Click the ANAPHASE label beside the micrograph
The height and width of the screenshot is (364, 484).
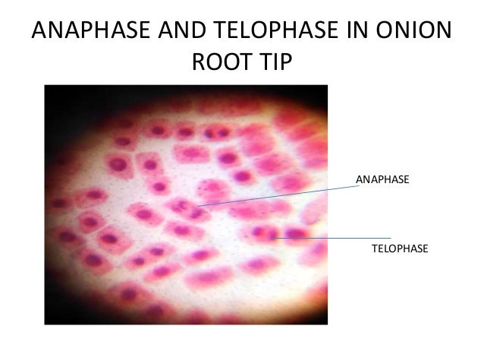click(x=382, y=179)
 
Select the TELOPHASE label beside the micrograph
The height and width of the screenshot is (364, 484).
click(x=400, y=248)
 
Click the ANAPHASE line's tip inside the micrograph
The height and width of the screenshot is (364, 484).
click(x=199, y=206)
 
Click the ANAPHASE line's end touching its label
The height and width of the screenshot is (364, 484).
click(x=357, y=185)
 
